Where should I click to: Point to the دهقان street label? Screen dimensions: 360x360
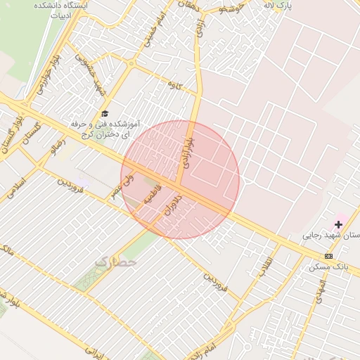pyautogui.click(x=187, y=6)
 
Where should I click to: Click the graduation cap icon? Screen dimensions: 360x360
pyautogui.click(x=105, y=113)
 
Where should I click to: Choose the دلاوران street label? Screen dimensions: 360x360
pyautogui.click(x=173, y=204)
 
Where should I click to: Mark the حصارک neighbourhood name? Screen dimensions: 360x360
pyautogui.click(x=117, y=261)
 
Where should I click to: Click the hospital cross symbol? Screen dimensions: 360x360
pyautogui.click(x=338, y=224)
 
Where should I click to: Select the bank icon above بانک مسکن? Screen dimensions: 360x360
pyautogui.click(x=328, y=255)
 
